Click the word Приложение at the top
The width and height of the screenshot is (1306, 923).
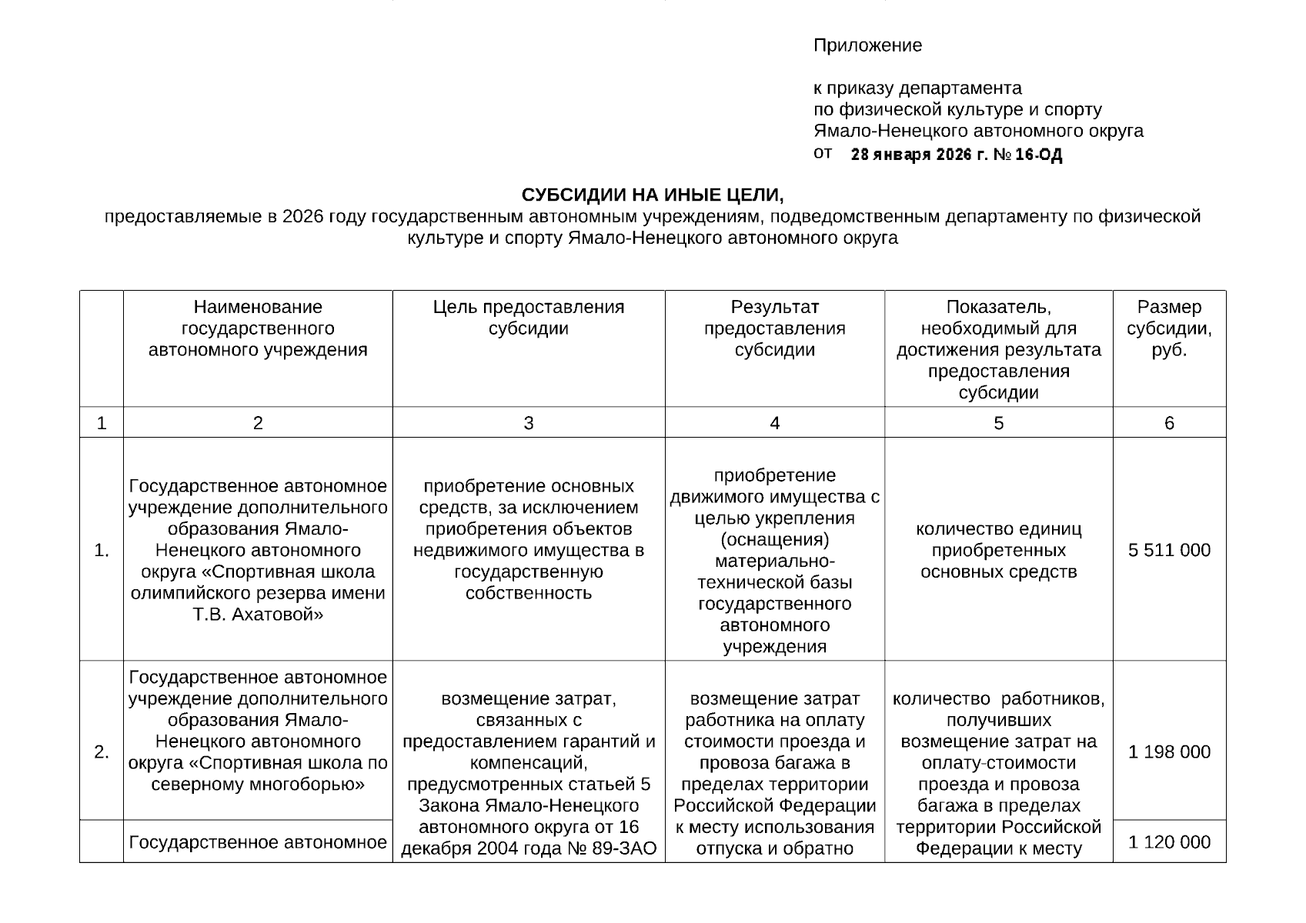[x=867, y=45]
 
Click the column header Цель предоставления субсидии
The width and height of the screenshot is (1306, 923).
[x=528, y=318]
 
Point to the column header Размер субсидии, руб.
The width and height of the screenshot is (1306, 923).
[x=1169, y=328]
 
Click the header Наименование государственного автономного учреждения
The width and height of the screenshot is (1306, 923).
[x=257, y=328]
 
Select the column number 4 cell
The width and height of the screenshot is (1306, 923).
[x=774, y=423]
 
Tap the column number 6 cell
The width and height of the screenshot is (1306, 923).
[x=1169, y=423]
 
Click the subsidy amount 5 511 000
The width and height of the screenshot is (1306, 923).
[x=1169, y=550]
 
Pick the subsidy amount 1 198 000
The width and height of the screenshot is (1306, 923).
[x=1169, y=751]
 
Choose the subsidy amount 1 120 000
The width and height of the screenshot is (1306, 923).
[x=1169, y=842]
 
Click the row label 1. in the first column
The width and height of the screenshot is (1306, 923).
[x=102, y=551]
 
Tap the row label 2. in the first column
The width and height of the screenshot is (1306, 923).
[x=102, y=752]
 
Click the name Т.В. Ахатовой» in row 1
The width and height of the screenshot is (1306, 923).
[x=257, y=615]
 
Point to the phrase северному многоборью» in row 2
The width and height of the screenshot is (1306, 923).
[x=257, y=785]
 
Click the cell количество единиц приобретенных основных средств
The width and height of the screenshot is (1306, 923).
[x=998, y=550]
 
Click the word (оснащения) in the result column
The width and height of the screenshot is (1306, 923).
[x=774, y=539]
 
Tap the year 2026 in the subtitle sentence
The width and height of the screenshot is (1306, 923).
[x=303, y=217]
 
